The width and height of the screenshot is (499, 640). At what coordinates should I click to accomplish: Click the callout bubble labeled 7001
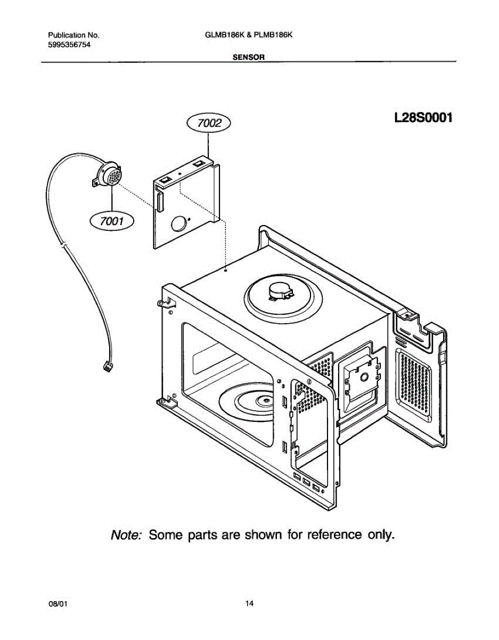click(x=112, y=219)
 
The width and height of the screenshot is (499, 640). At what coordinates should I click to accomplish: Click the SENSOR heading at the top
click(x=249, y=57)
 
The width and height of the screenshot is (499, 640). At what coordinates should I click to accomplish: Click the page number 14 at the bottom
click(x=249, y=604)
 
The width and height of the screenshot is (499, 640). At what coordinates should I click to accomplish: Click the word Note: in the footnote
click(x=126, y=534)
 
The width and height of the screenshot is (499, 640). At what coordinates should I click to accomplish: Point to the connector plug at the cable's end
click(x=107, y=367)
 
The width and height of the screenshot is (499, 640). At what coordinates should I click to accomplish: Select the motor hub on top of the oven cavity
click(x=281, y=292)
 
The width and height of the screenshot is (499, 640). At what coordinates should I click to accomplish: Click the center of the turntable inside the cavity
click(x=264, y=401)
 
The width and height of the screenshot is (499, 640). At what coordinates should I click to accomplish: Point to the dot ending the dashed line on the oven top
click(x=226, y=271)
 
